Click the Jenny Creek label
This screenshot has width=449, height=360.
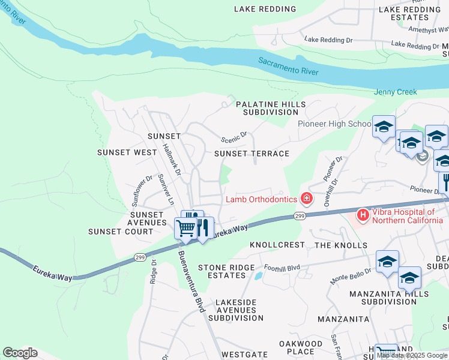coord(395,92)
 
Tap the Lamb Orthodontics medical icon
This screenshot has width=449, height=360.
coord(307,198)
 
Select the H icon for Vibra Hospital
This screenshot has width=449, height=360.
coord(363,214)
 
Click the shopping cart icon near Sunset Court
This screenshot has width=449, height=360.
coord(185,229)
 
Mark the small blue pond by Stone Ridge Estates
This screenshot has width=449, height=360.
coord(258,275)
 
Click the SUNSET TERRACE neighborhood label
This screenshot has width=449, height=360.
coord(252,154)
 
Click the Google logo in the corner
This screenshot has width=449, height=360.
coord(20,353)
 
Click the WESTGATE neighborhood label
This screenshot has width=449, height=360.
coord(244,355)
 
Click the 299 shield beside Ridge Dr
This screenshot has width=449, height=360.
coord(140,257)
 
